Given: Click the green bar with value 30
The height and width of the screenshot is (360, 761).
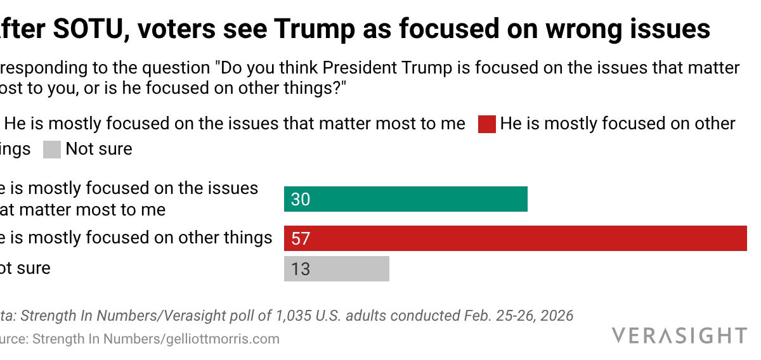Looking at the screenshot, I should point(406,199).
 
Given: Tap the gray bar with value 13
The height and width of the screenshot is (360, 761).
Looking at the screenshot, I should point(336,269).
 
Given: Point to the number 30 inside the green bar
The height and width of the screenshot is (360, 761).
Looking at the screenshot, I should point(301,200).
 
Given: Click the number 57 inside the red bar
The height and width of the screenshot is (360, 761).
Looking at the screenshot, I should point(301,239).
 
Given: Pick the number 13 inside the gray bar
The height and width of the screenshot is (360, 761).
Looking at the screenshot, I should point(301,269).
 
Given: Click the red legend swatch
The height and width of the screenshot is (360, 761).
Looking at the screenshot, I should point(486,124).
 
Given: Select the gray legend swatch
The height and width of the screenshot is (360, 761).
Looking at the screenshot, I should point(52,150).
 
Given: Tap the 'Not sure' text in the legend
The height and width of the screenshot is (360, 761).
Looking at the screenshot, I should point(99,149).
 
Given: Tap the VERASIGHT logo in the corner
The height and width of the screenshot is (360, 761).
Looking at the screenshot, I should point(679,335).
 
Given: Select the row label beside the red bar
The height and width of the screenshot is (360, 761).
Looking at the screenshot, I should point(136,238).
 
